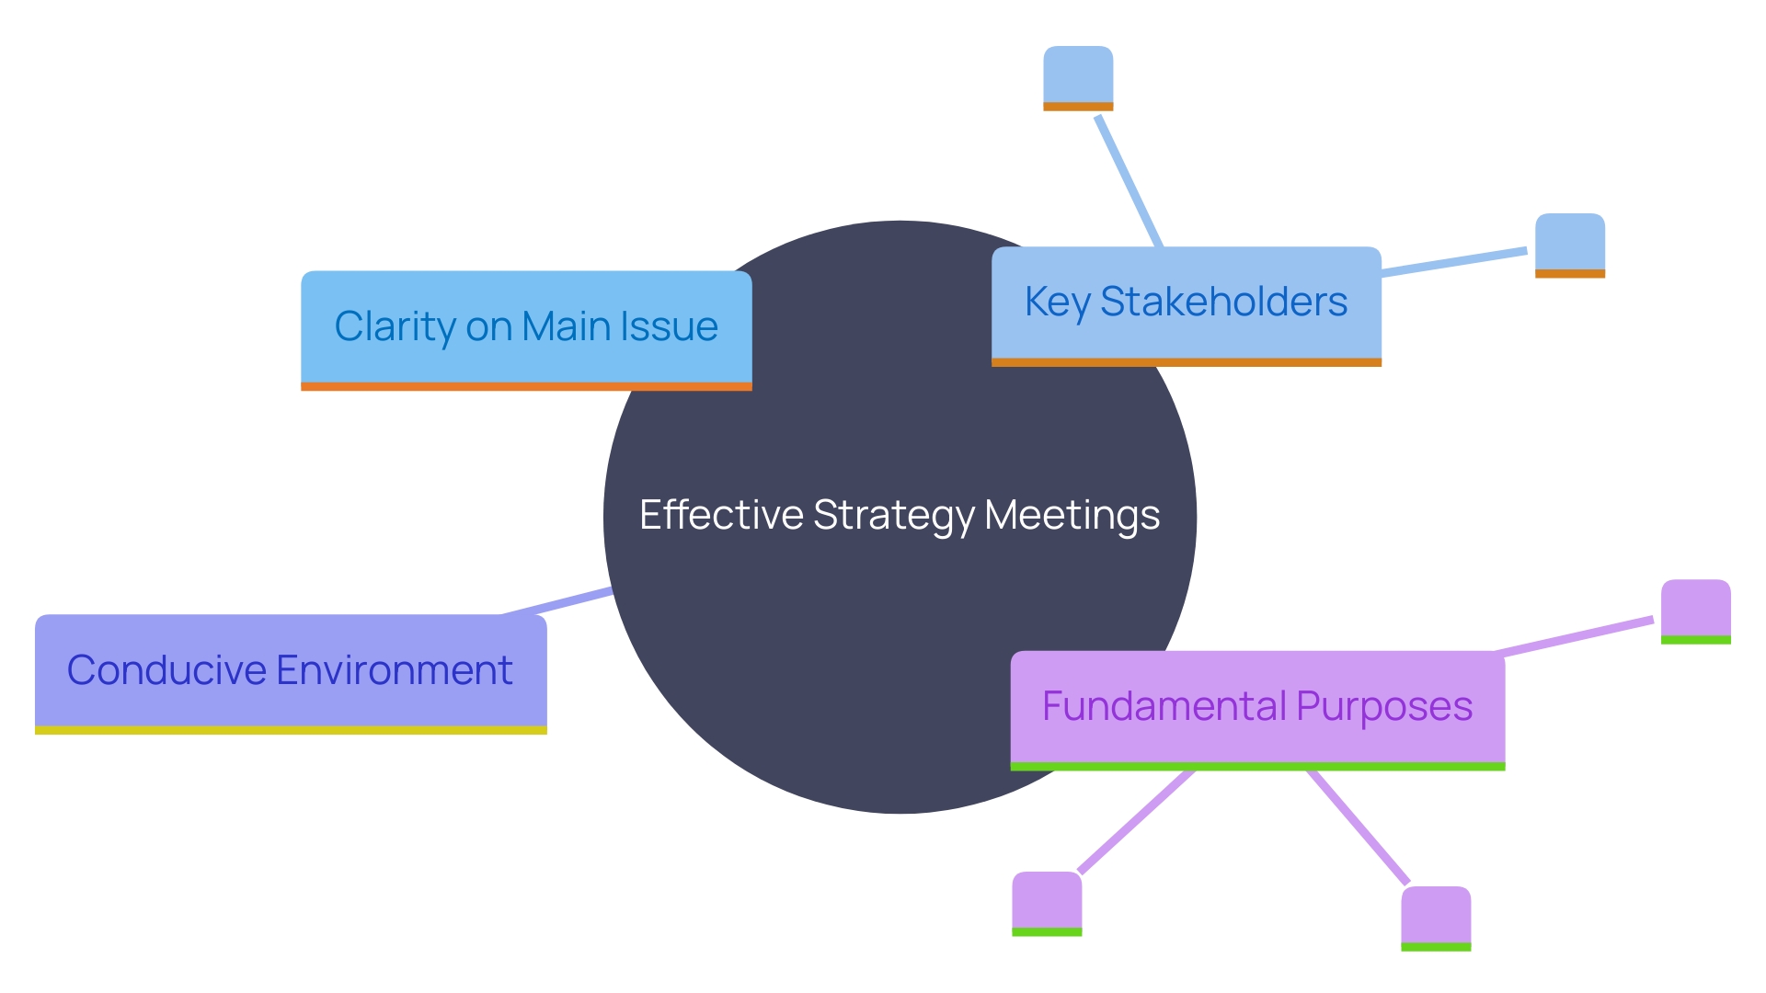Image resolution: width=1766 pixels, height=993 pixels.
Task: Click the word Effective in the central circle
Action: point(720,515)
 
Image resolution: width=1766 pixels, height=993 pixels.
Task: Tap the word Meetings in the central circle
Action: point(1072,515)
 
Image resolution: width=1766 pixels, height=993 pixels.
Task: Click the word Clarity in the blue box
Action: point(395,327)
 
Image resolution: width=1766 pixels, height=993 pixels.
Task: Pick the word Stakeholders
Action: point(1223,302)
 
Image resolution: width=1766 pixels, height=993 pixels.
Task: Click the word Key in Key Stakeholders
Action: point(1057,302)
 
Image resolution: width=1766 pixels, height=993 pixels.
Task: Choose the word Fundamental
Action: point(1164,706)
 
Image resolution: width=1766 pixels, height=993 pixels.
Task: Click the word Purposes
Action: point(1384,707)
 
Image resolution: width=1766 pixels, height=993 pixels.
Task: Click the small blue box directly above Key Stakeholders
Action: point(1078,77)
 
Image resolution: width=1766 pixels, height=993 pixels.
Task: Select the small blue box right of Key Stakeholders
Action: point(1570,245)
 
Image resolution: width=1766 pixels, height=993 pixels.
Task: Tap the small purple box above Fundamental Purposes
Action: point(1695,611)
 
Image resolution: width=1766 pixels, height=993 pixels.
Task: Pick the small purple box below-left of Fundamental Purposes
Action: point(1047,903)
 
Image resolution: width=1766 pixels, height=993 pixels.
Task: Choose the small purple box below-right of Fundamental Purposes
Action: point(1436,918)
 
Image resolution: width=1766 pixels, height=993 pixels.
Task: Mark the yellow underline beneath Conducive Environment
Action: point(291,730)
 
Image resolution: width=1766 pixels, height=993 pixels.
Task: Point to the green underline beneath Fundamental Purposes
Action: point(1257,766)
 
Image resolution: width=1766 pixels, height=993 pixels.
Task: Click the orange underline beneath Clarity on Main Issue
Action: point(526,386)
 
